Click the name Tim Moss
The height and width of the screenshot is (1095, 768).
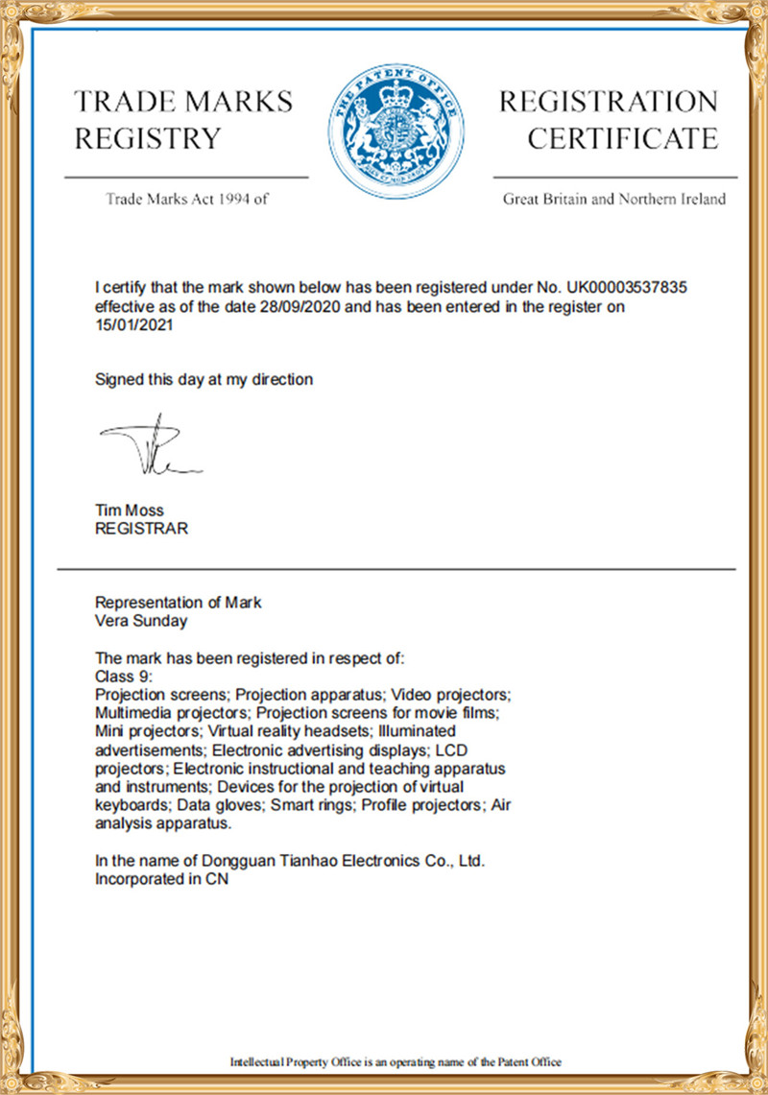pyautogui.click(x=129, y=512)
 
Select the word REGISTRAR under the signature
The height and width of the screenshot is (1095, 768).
pyautogui.click(x=141, y=529)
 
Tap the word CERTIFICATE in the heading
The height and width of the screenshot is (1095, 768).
pyautogui.click(x=622, y=139)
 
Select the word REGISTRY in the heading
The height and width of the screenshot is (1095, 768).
pyautogui.click(x=148, y=139)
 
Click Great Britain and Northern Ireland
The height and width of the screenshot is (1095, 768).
pyautogui.click(x=613, y=200)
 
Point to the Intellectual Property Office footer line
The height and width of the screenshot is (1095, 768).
pyautogui.click(x=395, y=1061)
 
